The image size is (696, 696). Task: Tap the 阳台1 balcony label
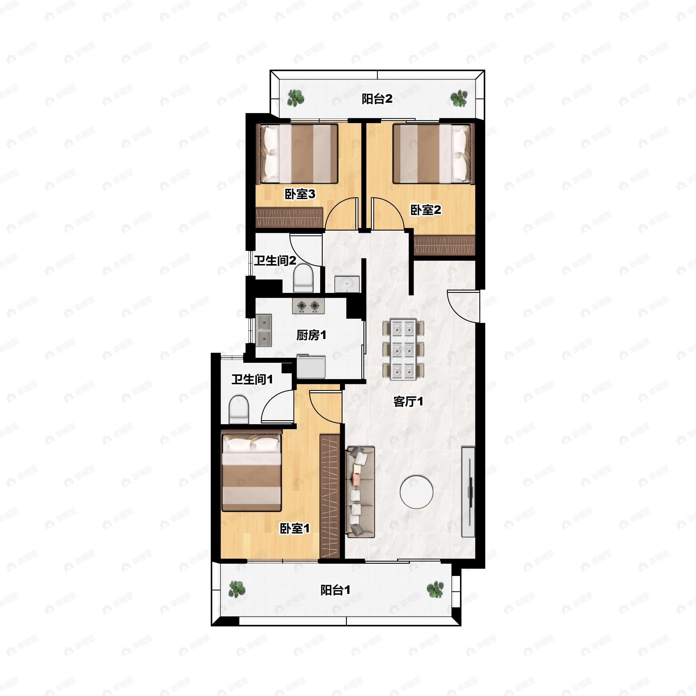click(336, 590)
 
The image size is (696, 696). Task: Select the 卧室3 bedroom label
click(300, 194)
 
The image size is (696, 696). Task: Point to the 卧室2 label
click(426, 210)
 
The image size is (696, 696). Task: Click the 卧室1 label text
click(295, 528)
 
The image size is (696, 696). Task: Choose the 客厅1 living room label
click(408, 401)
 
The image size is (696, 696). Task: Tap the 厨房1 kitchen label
click(311, 335)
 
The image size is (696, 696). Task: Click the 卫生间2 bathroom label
click(275, 260)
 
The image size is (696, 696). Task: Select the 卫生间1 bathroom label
click(252, 379)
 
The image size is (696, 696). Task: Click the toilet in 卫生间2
click(303, 278)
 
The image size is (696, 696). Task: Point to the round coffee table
click(416, 492)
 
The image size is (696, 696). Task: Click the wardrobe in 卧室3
click(289, 217)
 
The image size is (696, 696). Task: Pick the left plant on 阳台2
click(296, 98)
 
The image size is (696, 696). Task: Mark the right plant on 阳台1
click(435, 589)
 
